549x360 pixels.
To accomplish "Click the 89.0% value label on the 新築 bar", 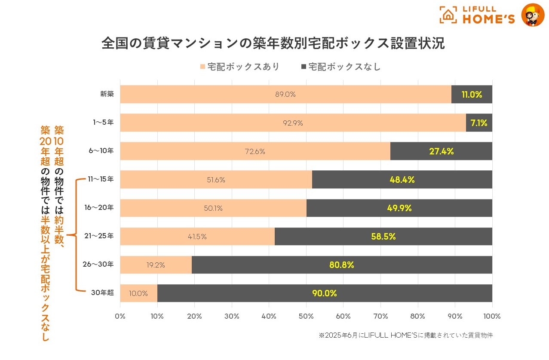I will point(285,95).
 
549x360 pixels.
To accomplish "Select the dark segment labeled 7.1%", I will point(479,123).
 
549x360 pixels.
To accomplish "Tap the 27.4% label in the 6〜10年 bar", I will point(441,151).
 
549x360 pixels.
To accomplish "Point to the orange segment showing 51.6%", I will point(216,180).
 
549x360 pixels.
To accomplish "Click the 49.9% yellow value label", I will point(399,208).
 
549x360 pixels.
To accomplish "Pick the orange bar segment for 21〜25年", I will point(197,237).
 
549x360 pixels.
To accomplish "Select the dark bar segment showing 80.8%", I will point(342,265).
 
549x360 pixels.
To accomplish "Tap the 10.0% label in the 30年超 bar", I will point(138,293).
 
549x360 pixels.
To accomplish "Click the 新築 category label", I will point(107,94).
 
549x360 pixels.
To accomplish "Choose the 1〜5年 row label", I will point(103,123).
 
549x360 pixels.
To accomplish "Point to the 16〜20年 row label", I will point(99,208).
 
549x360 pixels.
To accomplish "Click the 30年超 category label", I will point(102,293).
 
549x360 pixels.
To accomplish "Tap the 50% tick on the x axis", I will point(306,316).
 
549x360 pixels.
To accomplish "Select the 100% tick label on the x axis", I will point(492,316).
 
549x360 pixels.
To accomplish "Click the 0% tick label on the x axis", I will point(120,316).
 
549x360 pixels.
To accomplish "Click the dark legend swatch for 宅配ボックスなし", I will point(304,67).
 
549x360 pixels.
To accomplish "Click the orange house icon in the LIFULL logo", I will point(448,15).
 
